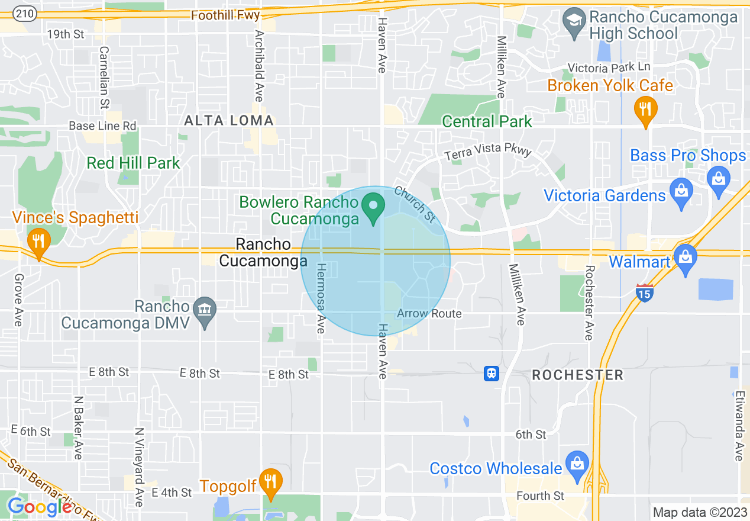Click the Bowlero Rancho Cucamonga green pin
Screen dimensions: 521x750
[373, 207]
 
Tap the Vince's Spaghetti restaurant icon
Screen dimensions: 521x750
[38, 242]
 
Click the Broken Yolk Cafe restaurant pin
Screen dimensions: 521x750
[645, 111]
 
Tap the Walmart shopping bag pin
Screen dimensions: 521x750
[685, 258]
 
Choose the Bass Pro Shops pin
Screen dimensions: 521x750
[719, 179]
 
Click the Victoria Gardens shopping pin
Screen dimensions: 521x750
[681, 192]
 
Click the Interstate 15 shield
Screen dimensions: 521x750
[645, 292]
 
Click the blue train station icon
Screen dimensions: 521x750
[492, 374]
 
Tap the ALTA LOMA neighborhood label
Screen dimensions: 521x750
[229, 121]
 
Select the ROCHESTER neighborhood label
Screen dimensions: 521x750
[577, 375]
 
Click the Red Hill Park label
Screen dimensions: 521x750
[133, 163]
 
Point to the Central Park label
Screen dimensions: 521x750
[487, 122]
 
